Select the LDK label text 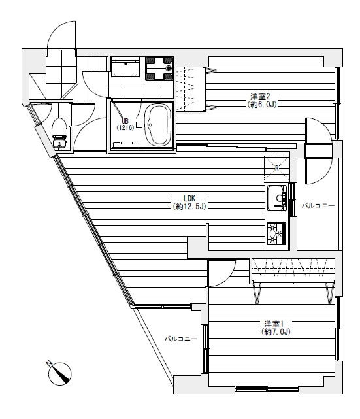pyautogui.click(x=189, y=198)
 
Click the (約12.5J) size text pyautogui.click(x=189, y=207)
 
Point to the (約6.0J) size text pyautogui.click(x=262, y=104)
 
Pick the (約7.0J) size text pyautogui.click(x=276, y=332)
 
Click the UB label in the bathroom pyautogui.click(x=125, y=121)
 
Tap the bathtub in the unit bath pyautogui.click(x=157, y=125)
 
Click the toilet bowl pyautogui.click(x=59, y=127)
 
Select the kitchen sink pyautogui.click(x=277, y=198)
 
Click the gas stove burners pyautogui.click(x=276, y=233)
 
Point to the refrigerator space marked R pyautogui.click(x=276, y=168)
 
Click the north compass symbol pyautogui.click(x=60, y=374)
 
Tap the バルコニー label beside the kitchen pyautogui.click(x=318, y=205)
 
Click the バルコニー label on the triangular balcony pyautogui.click(x=181, y=339)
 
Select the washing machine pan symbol pyautogui.click(x=159, y=68)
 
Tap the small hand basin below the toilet pyautogui.click(x=59, y=144)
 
